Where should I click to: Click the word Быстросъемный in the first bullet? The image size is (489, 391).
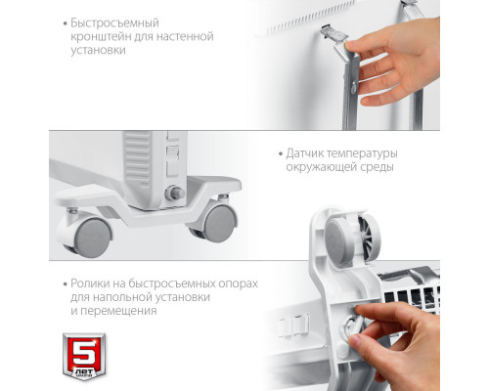114,23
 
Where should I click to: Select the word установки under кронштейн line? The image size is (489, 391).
98,50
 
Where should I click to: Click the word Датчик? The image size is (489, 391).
304,153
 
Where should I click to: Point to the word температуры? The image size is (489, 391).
362,154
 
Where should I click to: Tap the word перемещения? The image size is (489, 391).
118,311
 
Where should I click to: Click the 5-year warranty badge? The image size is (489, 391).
84,357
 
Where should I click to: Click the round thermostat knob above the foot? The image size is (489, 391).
175,193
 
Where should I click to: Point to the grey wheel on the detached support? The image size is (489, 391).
340,238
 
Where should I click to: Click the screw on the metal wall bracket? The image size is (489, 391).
354,86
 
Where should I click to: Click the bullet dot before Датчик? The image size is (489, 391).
281,154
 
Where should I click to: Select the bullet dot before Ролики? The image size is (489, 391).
65,284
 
